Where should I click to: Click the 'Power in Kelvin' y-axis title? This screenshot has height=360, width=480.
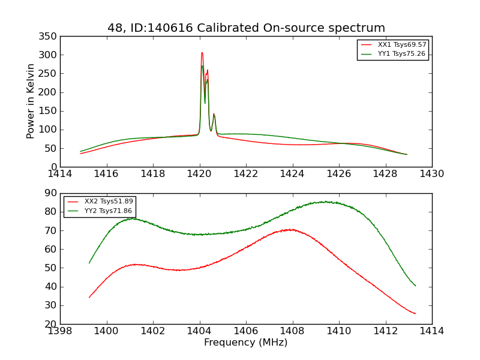(31, 101)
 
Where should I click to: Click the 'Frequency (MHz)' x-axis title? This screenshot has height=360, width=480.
(245, 343)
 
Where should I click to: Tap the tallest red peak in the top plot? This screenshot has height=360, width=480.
(202, 53)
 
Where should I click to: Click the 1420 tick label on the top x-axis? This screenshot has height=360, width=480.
(199, 174)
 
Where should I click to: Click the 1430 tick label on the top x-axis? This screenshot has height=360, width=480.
(431, 174)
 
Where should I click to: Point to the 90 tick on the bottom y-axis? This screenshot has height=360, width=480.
(52, 193)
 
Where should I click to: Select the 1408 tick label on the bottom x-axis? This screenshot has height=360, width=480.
(292, 331)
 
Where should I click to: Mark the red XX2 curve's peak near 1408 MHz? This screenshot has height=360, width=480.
(291, 229)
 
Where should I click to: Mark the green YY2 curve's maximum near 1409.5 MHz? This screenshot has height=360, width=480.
(325, 202)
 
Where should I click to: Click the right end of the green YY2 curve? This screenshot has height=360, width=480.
(415, 286)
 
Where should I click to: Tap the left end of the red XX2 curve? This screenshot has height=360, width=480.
(89, 297)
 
